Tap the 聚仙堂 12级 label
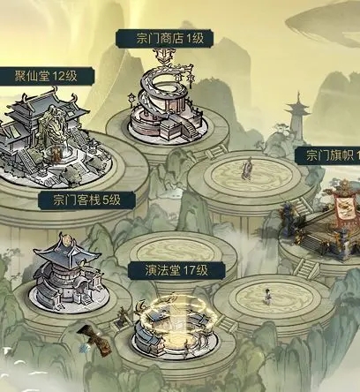46,76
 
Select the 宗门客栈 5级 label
87,200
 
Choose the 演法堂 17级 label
176,270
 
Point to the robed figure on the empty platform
246,169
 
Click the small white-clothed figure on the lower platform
267,297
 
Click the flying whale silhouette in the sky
324,24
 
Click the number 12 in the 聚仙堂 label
58,76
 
